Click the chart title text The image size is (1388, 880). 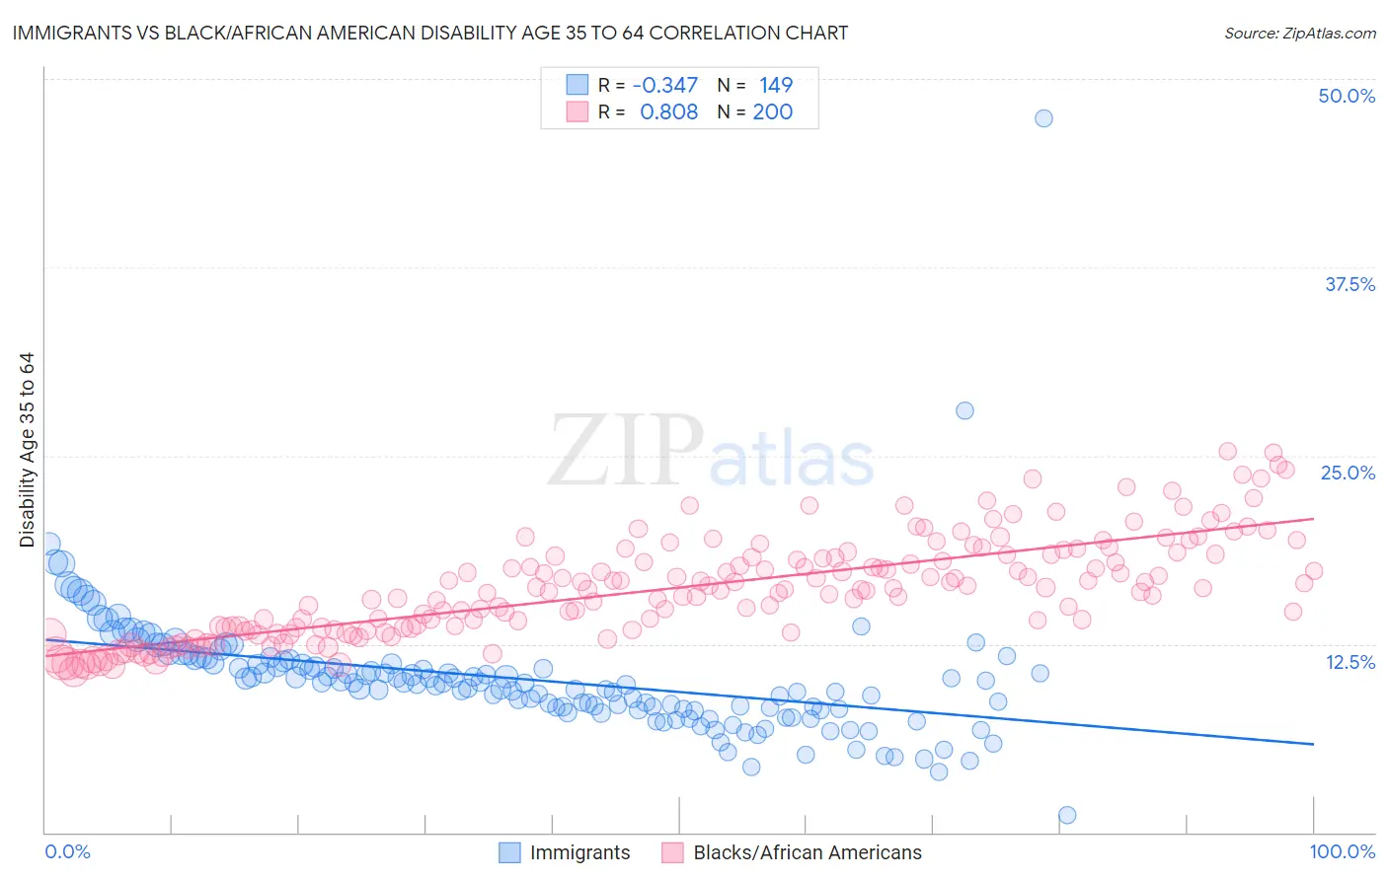pos(429,33)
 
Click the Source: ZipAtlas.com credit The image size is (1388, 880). pos(1299,33)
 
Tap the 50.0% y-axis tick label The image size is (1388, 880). pos(1347,96)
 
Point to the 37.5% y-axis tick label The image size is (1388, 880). pos(1349,284)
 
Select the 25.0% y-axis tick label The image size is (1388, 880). pos(1348,473)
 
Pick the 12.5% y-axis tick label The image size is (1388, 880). pos(1349,662)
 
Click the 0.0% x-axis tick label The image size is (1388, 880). pos(67,851)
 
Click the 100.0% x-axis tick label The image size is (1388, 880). pos(1342,851)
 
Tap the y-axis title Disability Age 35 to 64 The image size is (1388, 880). pos(27,450)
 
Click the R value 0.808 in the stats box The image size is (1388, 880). pos(668,112)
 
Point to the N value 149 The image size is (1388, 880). pos(776,86)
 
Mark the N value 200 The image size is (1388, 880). pos(772,112)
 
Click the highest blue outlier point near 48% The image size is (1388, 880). pos(1043,118)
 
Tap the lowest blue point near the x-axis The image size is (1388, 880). pos(1067,815)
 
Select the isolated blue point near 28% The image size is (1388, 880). pos(964,410)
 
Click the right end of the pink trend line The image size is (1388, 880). pos(1313,518)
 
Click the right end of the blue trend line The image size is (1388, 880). pos(1313,744)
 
